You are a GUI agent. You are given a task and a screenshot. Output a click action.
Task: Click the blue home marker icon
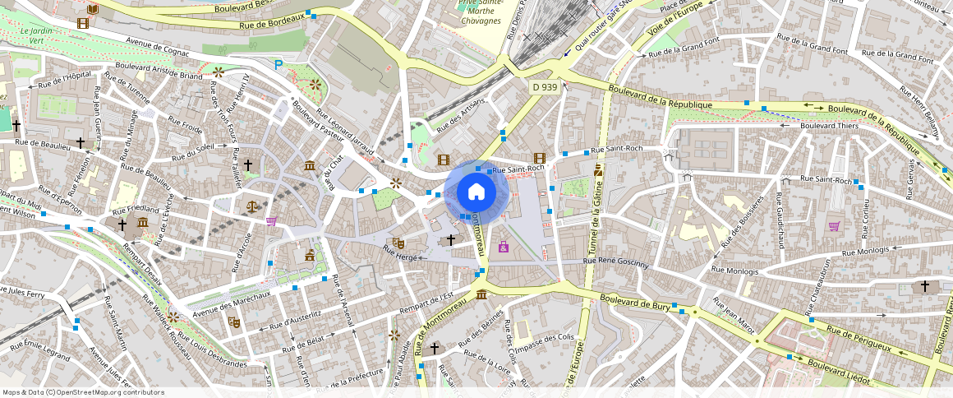tap(476, 192)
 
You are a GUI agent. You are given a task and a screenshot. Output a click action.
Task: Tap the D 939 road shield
tap(545, 87)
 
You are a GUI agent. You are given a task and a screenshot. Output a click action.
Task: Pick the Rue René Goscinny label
tap(615, 263)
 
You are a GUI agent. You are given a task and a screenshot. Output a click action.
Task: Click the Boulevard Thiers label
tap(829, 126)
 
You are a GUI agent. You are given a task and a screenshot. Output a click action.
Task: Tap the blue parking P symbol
tap(279, 63)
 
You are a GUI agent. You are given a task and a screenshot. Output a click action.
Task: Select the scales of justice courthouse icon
tap(251, 206)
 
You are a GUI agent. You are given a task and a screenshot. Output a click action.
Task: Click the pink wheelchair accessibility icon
tap(504, 247)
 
